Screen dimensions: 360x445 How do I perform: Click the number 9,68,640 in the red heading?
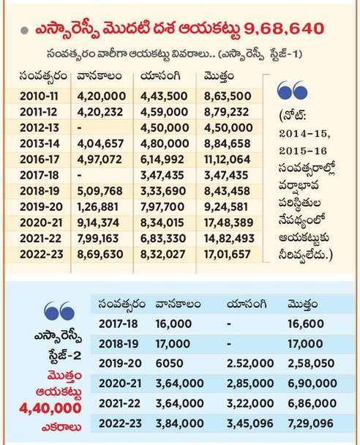(284, 29)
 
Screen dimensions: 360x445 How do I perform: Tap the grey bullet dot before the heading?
(25, 30)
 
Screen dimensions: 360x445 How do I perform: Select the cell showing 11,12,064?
(228, 160)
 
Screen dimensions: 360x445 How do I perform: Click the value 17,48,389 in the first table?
(228, 222)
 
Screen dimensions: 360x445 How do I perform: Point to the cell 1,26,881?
(98, 206)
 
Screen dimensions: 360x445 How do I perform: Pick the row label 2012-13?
(40, 127)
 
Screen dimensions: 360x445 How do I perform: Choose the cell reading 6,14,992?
(162, 160)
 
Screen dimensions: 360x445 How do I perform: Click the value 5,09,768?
(100, 191)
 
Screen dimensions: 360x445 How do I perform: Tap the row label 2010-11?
(39, 96)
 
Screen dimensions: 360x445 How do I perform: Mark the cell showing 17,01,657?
(228, 254)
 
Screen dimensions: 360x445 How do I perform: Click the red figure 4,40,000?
(50, 408)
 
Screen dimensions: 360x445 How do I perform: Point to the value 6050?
(169, 363)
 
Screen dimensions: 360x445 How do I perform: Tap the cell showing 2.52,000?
(250, 363)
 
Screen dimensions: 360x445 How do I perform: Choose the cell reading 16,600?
(306, 324)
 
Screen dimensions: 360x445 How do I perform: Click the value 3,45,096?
(250, 424)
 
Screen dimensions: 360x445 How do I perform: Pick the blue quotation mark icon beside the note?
(292, 90)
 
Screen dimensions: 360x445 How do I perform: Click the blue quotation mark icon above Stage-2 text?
(59, 310)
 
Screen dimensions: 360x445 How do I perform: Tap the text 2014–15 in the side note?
(305, 134)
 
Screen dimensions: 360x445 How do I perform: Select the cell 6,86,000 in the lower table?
(312, 403)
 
